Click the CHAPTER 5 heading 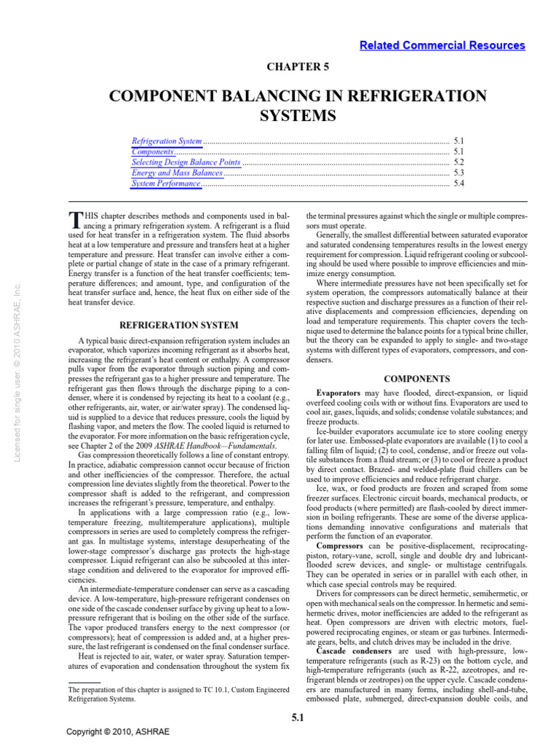296,67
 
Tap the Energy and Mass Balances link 177,173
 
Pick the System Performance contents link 165,184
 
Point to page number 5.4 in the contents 459,184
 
